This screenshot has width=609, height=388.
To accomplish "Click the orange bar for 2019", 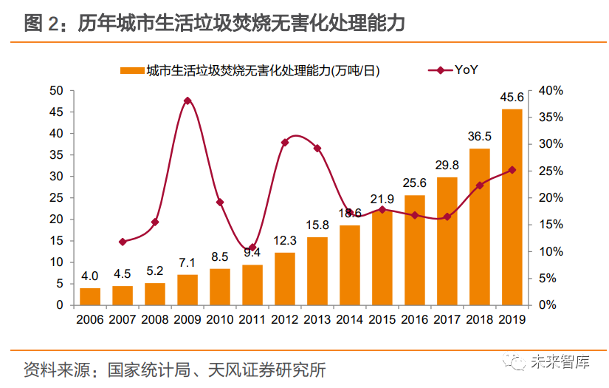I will (512, 207).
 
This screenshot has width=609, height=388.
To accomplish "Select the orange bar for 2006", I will (90, 296).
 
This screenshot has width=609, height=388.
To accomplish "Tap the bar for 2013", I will (317, 270).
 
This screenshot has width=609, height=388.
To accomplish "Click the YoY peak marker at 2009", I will (187, 101).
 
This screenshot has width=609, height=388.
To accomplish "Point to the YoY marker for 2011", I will (252, 248).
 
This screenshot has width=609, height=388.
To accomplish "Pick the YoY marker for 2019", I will (512, 170).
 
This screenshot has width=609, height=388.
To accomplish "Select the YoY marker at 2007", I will (123, 242).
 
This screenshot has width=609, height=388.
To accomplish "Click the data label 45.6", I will (512, 98).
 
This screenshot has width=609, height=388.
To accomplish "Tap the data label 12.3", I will (284, 241).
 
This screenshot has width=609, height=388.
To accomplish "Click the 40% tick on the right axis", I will (551, 91).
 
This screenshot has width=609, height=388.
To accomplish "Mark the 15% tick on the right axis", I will (551, 225).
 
